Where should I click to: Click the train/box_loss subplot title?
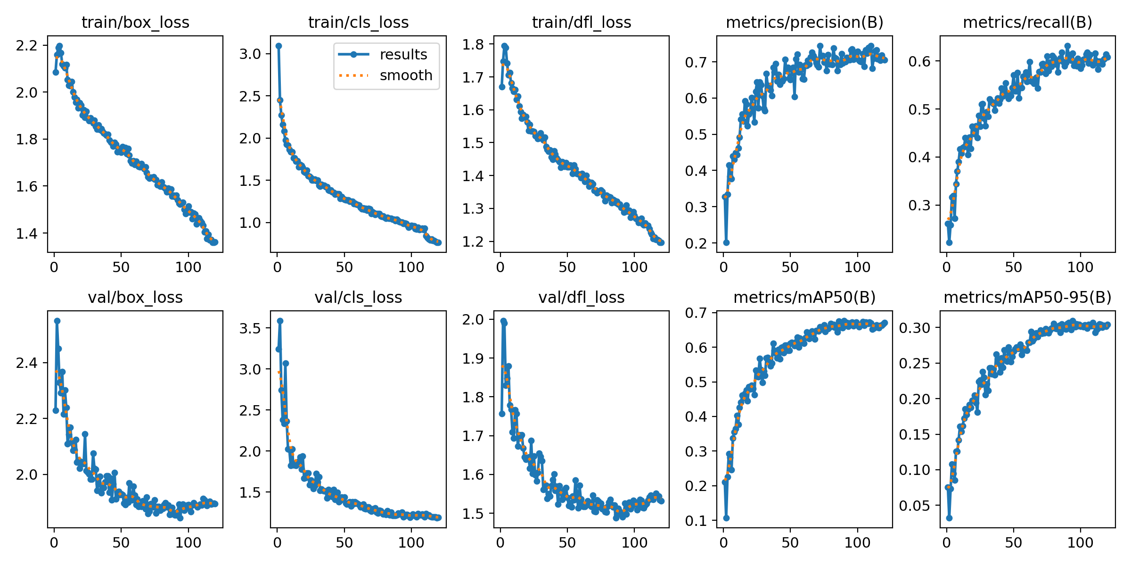point(135,22)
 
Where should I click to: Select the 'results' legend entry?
point(403,54)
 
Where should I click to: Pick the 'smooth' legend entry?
point(406,75)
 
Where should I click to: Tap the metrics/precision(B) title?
point(804,22)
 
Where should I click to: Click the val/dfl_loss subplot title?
point(581,297)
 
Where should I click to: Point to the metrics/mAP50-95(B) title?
point(1027,297)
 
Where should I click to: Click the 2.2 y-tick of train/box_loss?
point(26,45)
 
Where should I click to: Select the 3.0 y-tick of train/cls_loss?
point(250,54)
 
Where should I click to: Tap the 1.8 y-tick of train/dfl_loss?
point(473,44)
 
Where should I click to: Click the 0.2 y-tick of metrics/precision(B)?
point(697,243)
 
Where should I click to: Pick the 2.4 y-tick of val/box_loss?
point(26,363)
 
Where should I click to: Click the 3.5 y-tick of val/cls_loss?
point(250,328)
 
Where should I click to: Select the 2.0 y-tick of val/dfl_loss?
point(473,319)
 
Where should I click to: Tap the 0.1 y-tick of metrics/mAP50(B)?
point(697,521)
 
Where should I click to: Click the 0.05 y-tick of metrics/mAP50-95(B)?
point(916,506)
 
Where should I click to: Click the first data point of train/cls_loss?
point(279,46)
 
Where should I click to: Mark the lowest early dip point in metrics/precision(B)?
point(726,242)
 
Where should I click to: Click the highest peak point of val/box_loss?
point(57,321)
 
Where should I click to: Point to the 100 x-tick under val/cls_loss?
point(411,542)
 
